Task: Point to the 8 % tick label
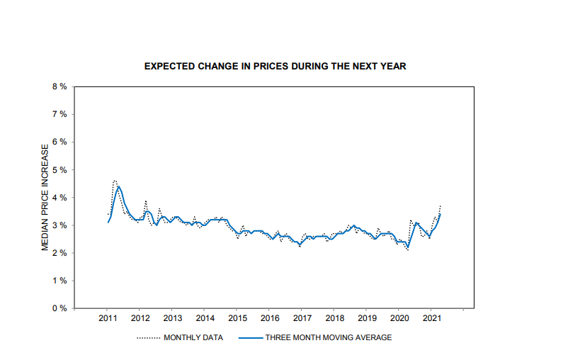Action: click(x=59, y=86)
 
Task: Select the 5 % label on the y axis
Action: click(x=59, y=170)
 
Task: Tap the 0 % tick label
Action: click(x=59, y=308)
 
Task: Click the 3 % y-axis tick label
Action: click(x=59, y=225)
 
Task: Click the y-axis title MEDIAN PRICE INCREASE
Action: click(x=45, y=197)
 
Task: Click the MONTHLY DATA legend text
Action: click(x=193, y=338)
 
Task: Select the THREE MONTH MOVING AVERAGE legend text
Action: click(x=329, y=338)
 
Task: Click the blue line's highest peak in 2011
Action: click(x=118, y=186)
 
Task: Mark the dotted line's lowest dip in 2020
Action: click(x=408, y=251)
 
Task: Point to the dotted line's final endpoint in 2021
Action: click(x=441, y=206)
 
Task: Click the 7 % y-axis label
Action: click(x=59, y=114)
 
